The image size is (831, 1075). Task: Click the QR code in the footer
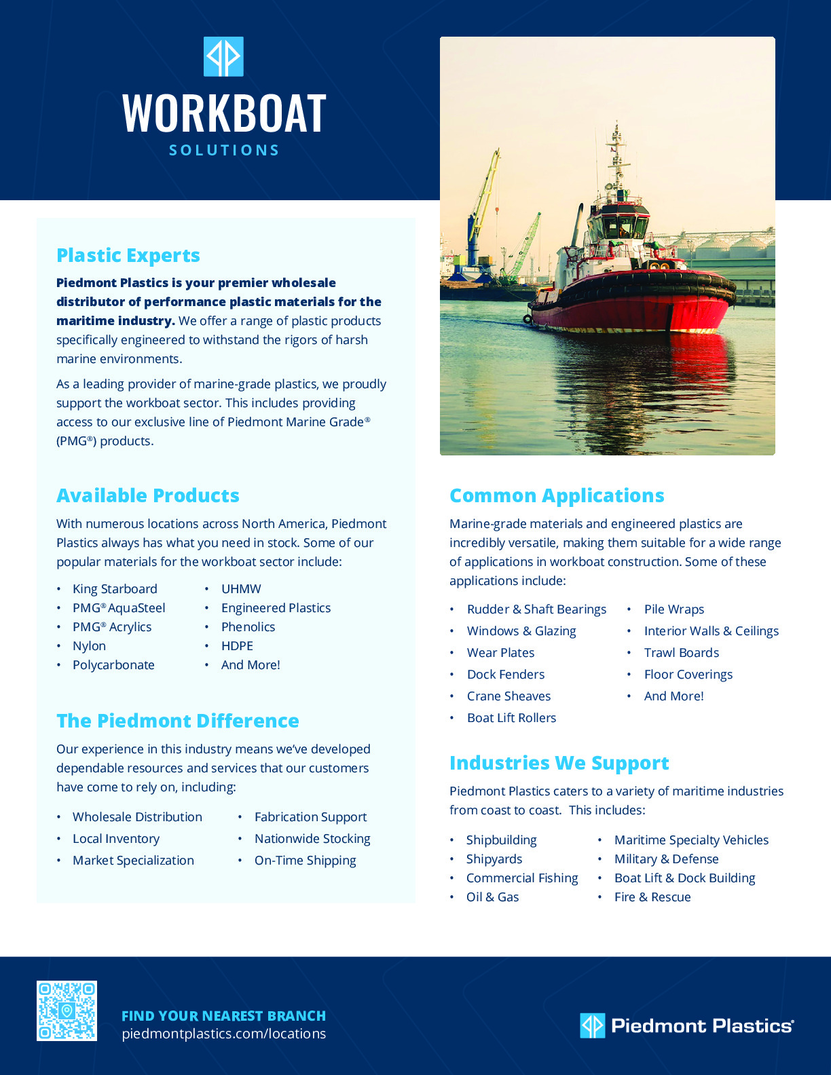[67, 1011]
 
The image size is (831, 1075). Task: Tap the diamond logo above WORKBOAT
[223, 57]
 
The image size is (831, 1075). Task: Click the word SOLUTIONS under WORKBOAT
[224, 150]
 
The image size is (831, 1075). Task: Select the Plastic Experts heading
[128, 255]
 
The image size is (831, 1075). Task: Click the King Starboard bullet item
[115, 588]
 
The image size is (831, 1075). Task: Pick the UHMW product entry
[241, 588]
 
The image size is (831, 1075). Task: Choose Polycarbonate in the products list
[113, 664]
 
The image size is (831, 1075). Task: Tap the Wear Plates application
[500, 652]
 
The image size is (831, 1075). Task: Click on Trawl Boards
[681, 652]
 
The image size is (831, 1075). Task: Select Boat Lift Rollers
[511, 717]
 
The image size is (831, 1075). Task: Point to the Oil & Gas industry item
[492, 897]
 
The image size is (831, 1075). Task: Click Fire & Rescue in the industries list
[652, 897]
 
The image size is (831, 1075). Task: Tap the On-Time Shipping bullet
[305, 860]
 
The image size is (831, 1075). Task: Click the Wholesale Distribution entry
[137, 816]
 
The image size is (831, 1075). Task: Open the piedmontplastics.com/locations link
[223, 1034]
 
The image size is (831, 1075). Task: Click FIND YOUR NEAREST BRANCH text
[223, 1015]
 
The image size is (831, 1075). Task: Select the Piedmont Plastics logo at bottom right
[686, 1025]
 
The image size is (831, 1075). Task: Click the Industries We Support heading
[559, 763]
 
